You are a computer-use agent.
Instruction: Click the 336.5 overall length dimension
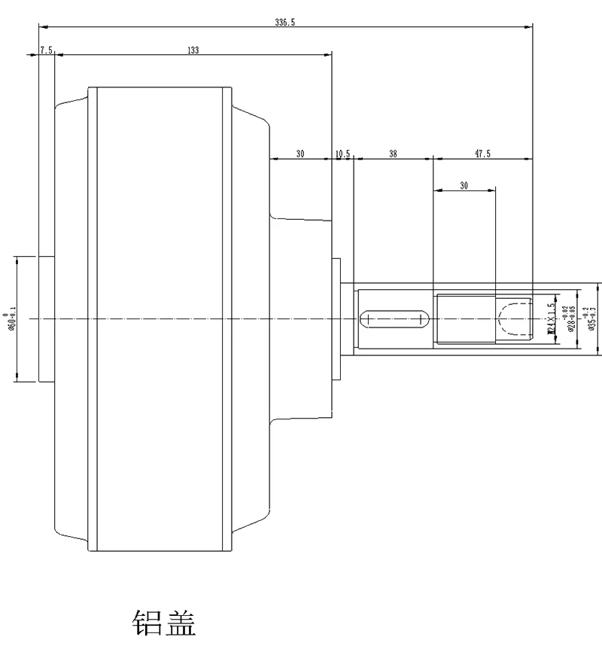[284, 23]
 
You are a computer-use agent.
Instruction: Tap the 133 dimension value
[193, 50]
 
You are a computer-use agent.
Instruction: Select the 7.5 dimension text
[46, 50]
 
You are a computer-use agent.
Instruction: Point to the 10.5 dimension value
[342, 154]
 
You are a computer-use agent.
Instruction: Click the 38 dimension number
[392, 154]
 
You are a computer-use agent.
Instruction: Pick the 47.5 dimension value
[482, 154]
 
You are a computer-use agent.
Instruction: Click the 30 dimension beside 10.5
[300, 154]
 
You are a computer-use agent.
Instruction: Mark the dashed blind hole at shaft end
[515, 318]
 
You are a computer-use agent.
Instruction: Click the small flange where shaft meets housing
[336, 318]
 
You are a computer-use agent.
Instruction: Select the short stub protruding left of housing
[46, 318]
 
